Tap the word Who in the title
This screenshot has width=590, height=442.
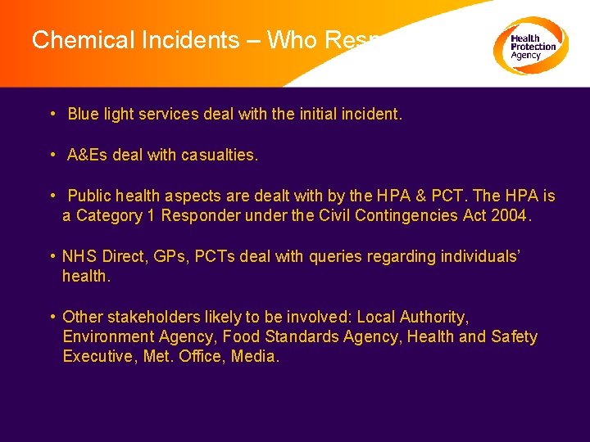pyautogui.click(x=291, y=39)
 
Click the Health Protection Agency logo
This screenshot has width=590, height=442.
pyautogui.click(x=530, y=46)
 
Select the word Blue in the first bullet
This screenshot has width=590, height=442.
pyautogui.click(x=83, y=115)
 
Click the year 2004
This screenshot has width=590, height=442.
pyautogui.click(x=511, y=215)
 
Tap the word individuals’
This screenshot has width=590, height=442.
pyautogui.click(x=479, y=256)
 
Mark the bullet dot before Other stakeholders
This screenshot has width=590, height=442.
pyautogui.click(x=52, y=317)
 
